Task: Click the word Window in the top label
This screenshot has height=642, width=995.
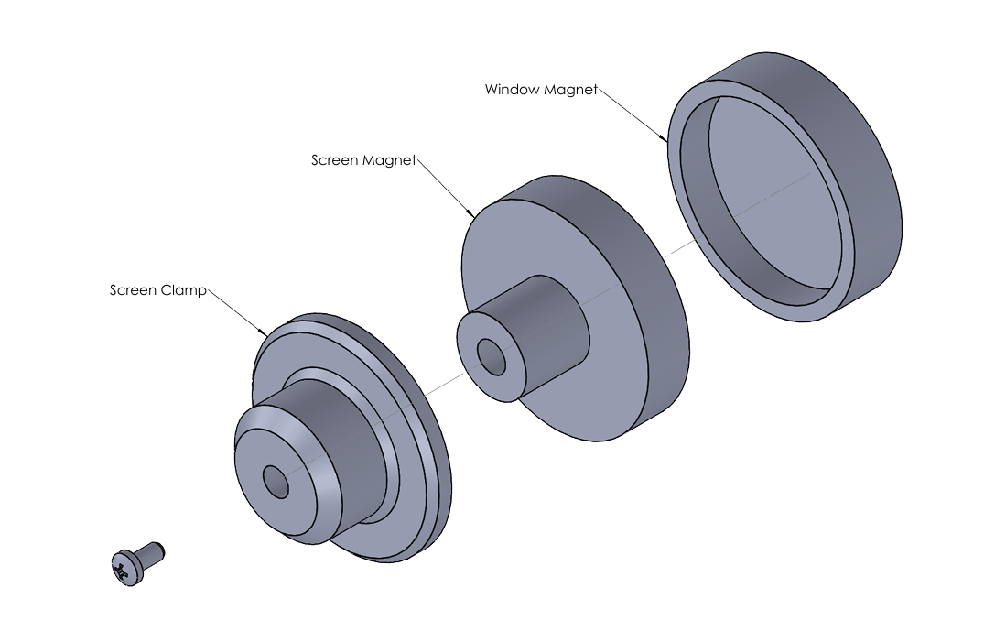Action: coord(512,90)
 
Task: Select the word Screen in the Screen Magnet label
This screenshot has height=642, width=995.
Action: coord(335,160)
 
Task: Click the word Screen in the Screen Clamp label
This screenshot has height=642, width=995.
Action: coord(134,290)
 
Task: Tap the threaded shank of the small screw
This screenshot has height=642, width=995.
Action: coord(152,552)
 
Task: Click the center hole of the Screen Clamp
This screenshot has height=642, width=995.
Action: coord(276,481)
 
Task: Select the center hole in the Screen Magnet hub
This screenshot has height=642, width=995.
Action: coord(492,356)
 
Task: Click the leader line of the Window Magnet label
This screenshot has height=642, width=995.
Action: coord(633,115)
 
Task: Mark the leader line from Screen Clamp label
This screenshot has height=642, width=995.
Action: coord(237,312)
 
